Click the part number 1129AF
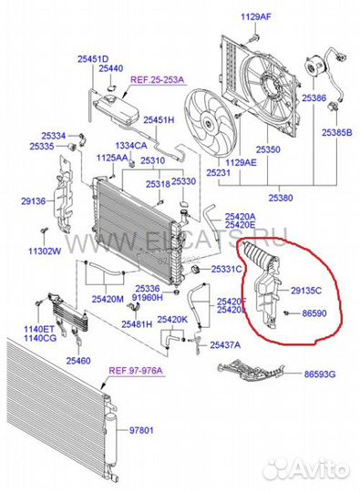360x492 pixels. click(x=256, y=17)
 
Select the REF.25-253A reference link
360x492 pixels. click(x=158, y=80)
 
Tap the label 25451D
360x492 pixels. click(x=91, y=58)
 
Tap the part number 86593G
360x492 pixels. click(x=319, y=374)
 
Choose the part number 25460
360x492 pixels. click(x=79, y=361)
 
